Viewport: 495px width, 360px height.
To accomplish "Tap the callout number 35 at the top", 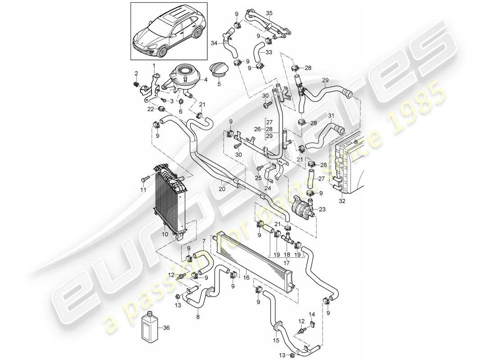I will coord(269,13).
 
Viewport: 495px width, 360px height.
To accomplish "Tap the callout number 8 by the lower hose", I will coord(198,317).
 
